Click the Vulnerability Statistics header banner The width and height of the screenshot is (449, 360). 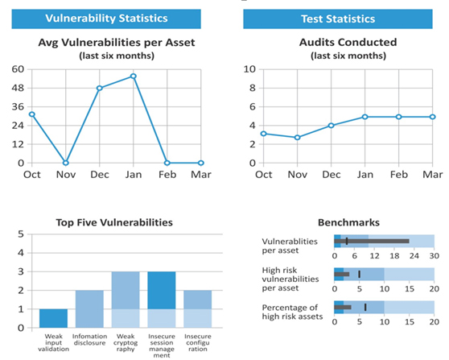pyautogui.click(x=106, y=19)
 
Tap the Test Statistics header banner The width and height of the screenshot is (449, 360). pyautogui.click(x=338, y=19)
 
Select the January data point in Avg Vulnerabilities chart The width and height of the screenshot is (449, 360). pyautogui.click(x=133, y=76)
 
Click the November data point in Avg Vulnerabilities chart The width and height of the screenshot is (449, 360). pyautogui.click(x=65, y=163)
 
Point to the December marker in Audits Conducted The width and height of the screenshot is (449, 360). pyautogui.click(x=331, y=126)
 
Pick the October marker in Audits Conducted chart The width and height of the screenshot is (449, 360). pyautogui.click(x=263, y=134)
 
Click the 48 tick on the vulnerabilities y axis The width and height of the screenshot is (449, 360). pyautogui.click(x=18, y=88)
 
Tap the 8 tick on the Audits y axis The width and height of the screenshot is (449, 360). pyautogui.click(x=252, y=88)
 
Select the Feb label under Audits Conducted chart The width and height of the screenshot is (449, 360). pyautogui.click(x=398, y=174)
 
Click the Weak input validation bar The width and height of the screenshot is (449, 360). pyautogui.click(x=54, y=318)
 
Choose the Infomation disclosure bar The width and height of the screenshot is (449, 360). pyautogui.click(x=89, y=309)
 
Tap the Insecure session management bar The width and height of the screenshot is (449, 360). pyautogui.click(x=162, y=300)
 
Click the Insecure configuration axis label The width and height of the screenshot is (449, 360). pyautogui.click(x=198, y=342)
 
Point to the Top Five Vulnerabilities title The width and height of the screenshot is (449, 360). pyautogui.click(x=114, y=222)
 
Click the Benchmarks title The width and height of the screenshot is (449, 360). pyautogui.click(x=348, y=222)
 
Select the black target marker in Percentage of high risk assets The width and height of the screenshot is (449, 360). pyautogui.click(x=365, y=308)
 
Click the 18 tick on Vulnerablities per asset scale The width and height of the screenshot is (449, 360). pyautogui.click(x=394, y=255)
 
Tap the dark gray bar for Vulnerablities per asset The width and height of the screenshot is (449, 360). pyautogui.click(x=372, y=241)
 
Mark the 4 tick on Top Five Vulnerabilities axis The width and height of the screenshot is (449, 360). pyautogui.click(x=21, y=253)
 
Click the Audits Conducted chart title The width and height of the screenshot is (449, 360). pyautogui.click(x=348, y=43)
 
